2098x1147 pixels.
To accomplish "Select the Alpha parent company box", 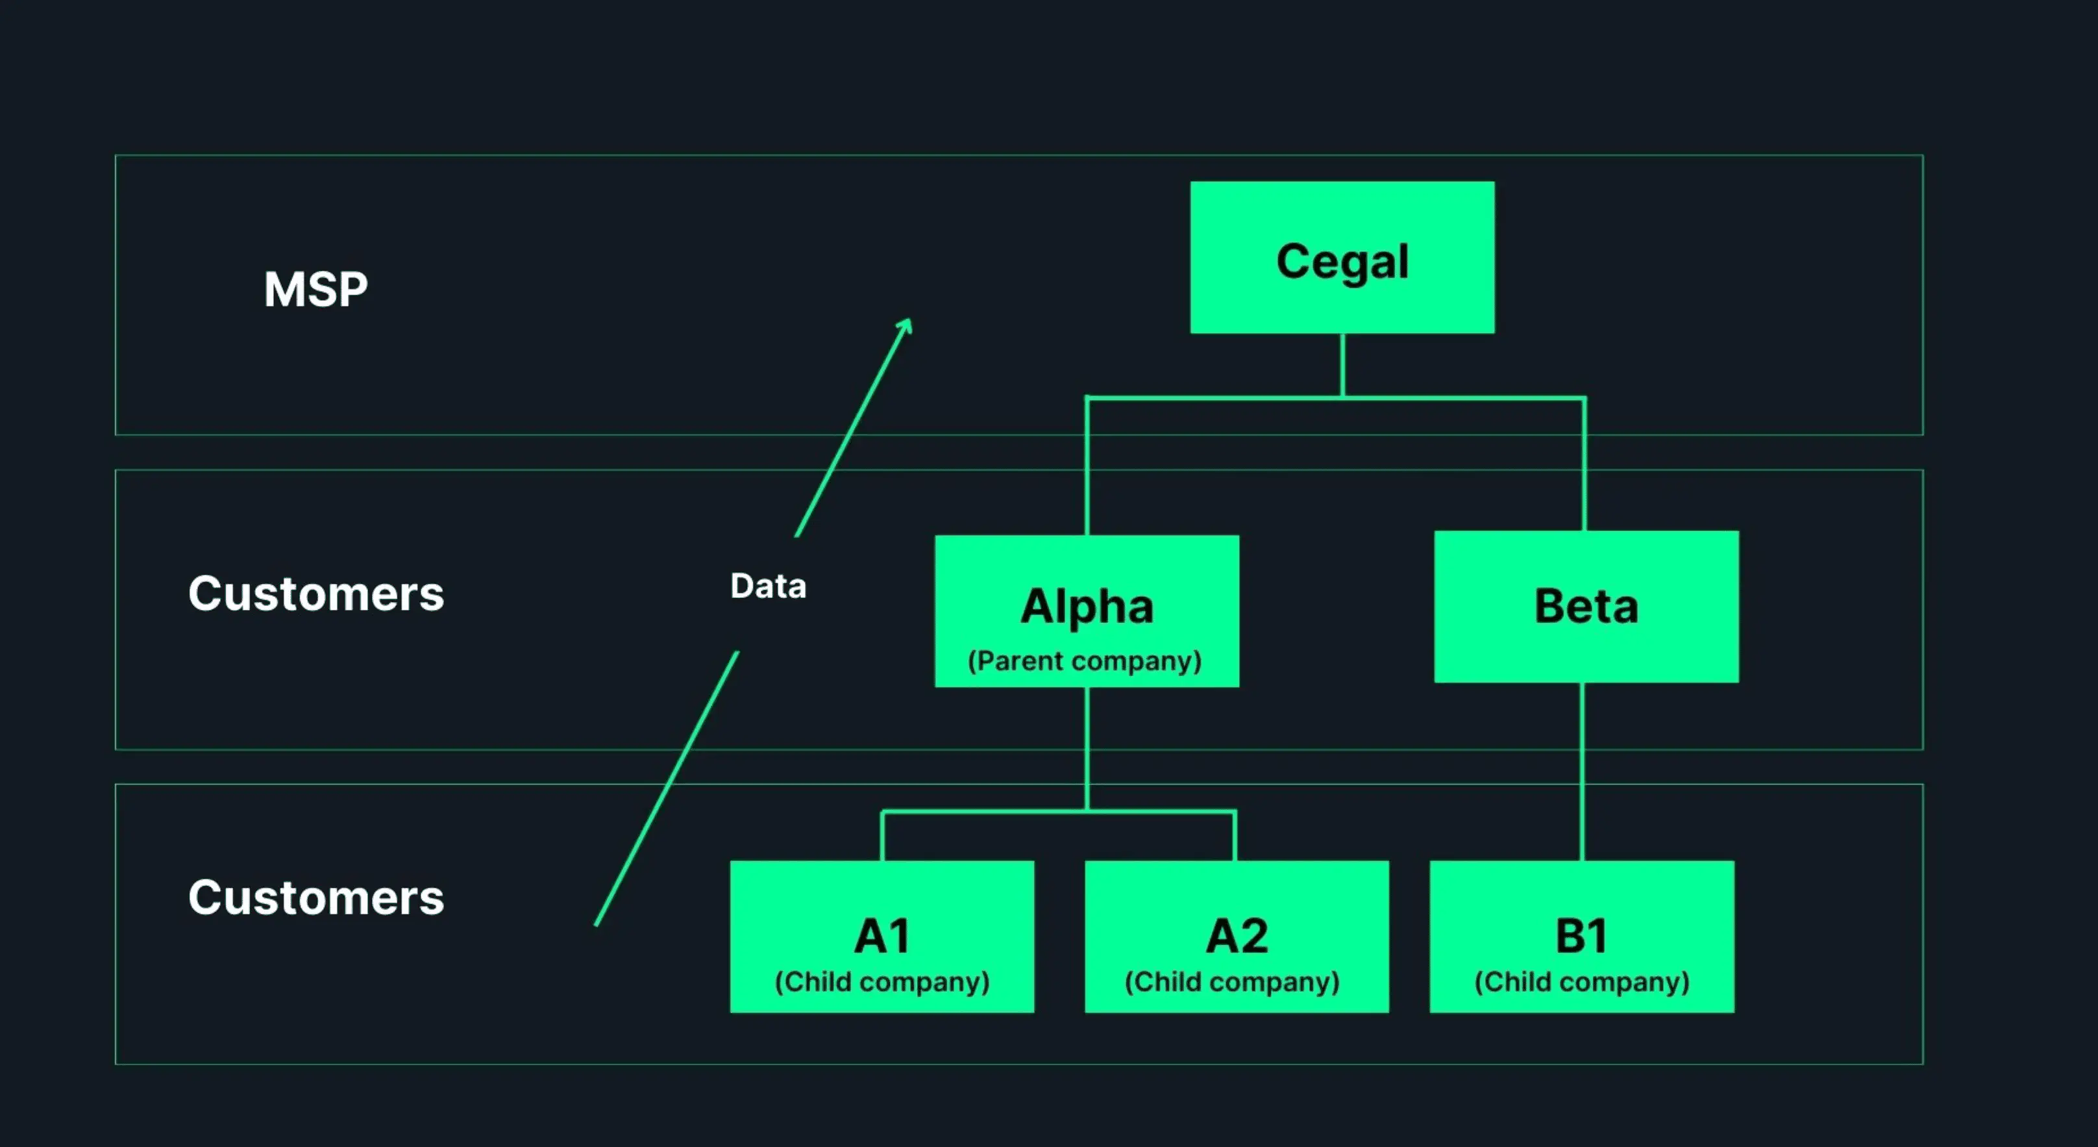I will [x=1087, y=611].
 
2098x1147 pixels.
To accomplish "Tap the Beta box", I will [x=1586, y=607].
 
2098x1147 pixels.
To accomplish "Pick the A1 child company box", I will [x=882, y=936].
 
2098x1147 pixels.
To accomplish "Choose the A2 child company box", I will [x=1237, y=936].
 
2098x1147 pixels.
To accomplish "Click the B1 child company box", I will [x=1582, y=936].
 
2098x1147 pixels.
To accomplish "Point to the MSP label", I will [x=315, y=289].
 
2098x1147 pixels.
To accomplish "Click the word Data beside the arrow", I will [x=768, y=586].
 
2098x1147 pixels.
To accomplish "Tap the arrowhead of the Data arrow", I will [x=906, y=324].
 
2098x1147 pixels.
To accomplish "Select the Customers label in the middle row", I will [x=316, y=593].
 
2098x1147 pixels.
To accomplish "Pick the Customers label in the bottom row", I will [x=316, y=898].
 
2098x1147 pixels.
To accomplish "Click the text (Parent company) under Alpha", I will [x=1084, y=661].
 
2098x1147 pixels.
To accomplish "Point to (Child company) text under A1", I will [x=882, y=981].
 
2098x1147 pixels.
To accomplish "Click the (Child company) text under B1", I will [x=1582, y=981].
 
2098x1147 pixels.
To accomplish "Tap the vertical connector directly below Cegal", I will [x=1342, y=365].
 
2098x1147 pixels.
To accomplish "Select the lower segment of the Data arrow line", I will [x=666, y=788].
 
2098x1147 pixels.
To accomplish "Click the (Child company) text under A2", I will [x=1231, y=981].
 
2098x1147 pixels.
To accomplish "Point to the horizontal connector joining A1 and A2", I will [x=1059, y=811].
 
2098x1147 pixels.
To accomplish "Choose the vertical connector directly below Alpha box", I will [x=1087, y=748].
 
